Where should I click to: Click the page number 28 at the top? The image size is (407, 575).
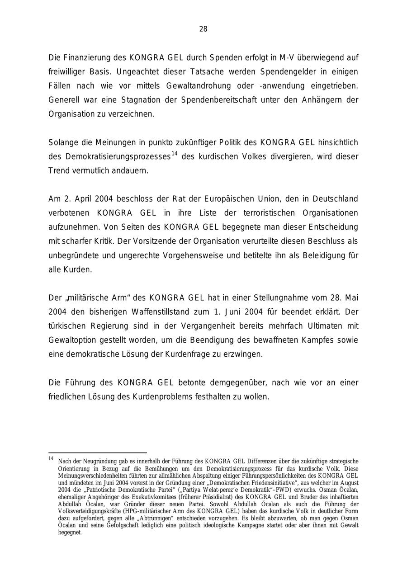[203, 29]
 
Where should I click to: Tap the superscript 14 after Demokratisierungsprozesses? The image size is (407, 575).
[174, 154]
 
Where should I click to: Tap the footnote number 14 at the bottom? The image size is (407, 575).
[51, 459]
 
